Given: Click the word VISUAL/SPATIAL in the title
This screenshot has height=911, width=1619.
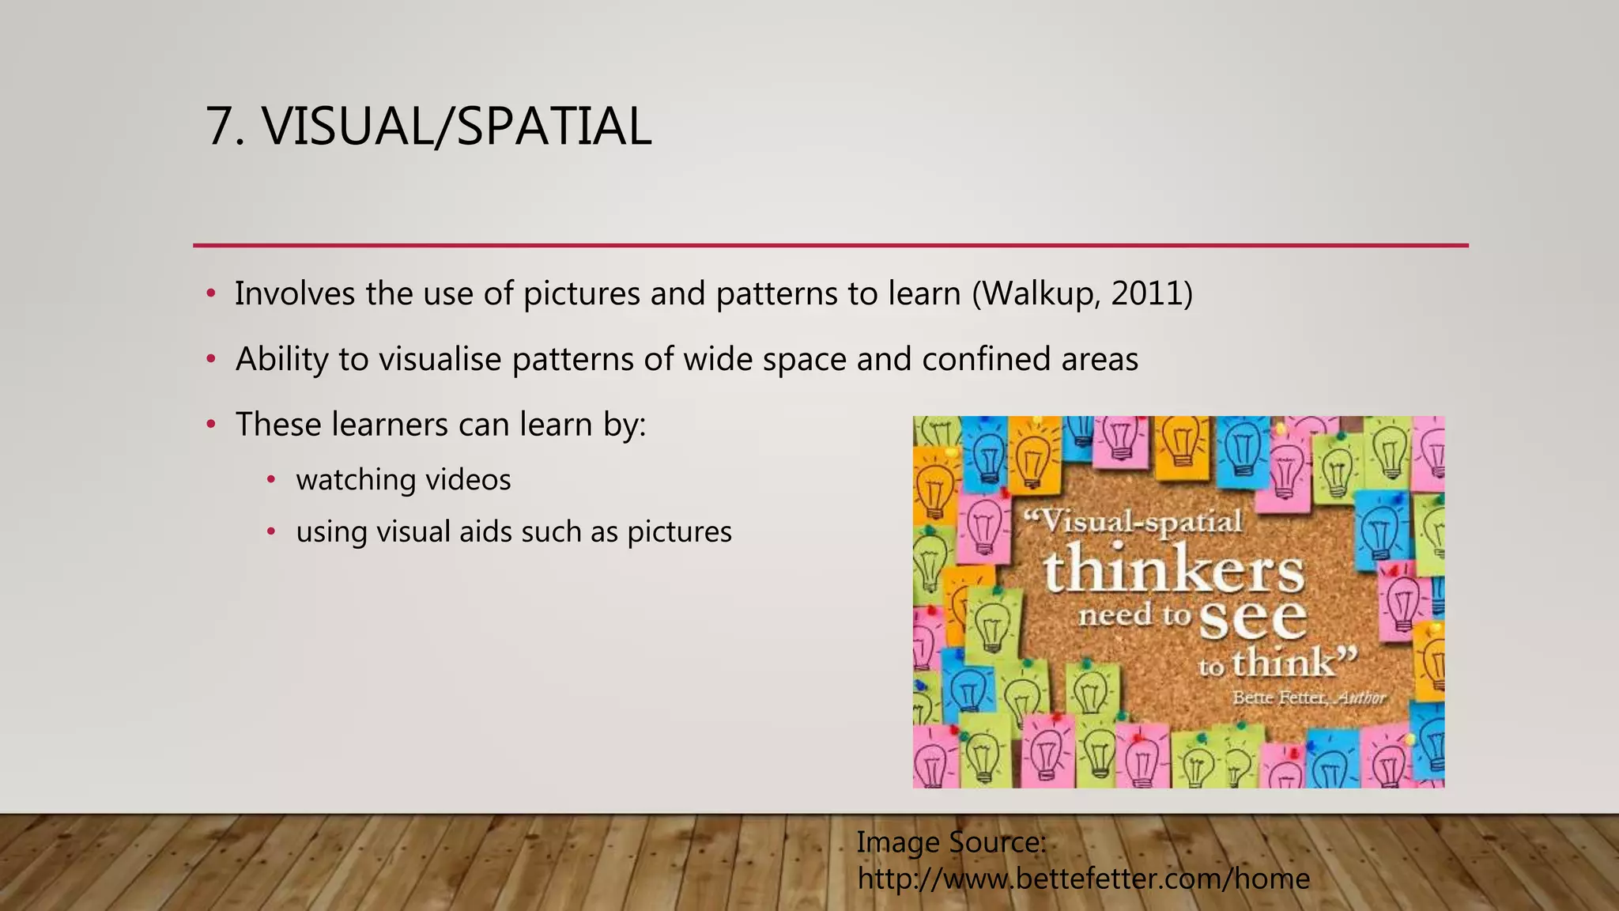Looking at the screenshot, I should (457, 127).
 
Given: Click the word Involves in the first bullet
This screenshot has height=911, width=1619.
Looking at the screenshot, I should (295, 293).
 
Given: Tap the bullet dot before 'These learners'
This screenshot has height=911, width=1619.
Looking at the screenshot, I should (210, 425).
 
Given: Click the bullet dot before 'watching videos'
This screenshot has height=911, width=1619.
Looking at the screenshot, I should (271, 479).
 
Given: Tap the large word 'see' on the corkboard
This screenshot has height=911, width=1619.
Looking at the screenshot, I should (1252, 618).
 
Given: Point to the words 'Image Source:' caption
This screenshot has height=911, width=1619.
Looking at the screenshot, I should (951, 842).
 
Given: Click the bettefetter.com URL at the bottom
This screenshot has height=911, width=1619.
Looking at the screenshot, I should (1083, 879).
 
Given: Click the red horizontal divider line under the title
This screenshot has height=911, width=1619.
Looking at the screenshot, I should (830, 246).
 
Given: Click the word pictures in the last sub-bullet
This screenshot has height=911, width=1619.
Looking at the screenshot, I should (679, 532).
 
